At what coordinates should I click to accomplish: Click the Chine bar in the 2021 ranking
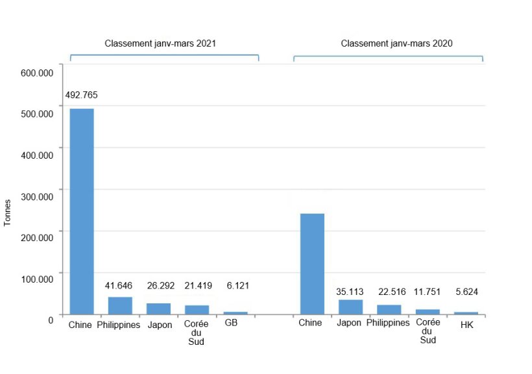[82, 211]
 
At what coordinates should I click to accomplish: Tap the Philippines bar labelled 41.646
[120, 305]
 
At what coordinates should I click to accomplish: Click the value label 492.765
[82, 95]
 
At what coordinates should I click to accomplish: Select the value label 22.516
[389, 292]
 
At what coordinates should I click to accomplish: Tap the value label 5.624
[466, 292]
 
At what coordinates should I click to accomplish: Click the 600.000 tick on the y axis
[37, 73]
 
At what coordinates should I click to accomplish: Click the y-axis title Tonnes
[8, 213]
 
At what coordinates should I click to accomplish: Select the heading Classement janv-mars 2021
[160, 43]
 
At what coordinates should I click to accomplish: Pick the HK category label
[466, 325]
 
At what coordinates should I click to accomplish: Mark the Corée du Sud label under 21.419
[196, 332]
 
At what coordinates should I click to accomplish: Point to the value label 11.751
[428, 292]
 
